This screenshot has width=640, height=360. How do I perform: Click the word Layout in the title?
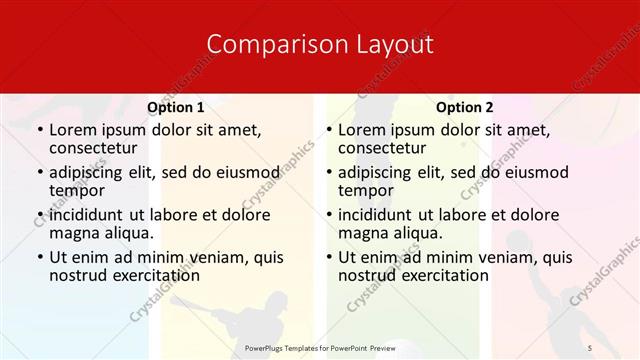[392, 45]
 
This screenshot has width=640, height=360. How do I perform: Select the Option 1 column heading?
[176, 107]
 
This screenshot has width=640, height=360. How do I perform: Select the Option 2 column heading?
[464, 107]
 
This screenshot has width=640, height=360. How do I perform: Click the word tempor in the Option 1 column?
[76, 190]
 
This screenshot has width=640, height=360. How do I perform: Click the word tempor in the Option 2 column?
[365, 190]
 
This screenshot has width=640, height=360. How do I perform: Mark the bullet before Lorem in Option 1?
[39, 130]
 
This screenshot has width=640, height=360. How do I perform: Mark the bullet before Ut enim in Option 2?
[328, 257]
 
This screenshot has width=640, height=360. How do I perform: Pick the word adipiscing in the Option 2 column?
[377, 172]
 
